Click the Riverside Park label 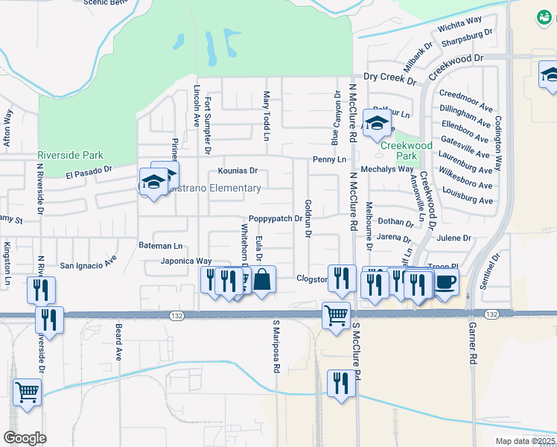pos(70,156)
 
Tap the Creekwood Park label pos(406,151)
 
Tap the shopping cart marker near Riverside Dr pos(27,390)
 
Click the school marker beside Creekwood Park pos(377,122)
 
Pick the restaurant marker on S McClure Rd pos(341,384)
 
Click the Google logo pos(25,437)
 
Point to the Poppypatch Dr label pos(276,219)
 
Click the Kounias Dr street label pos(237,171)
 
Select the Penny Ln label pos(329,159)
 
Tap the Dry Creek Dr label pos(389,77)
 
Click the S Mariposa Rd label pos(276,346)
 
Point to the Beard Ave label pos(118,342)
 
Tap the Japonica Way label pos(186,261)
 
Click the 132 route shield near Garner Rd pos(491,315)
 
